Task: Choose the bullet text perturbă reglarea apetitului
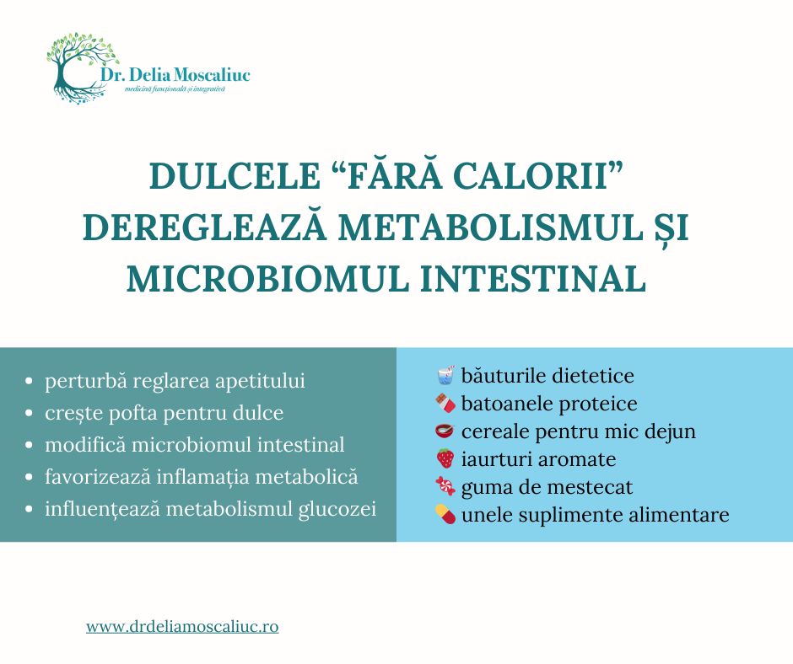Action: tap(175, 381)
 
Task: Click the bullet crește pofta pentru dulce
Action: tap(164, 413)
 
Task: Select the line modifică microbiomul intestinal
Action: tap(194, 445)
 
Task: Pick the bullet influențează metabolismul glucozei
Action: tap(210, 509)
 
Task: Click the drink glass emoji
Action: tap(445, 374)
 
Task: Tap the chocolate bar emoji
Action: tap(445, 404)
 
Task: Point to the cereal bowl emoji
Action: tap(445, 431)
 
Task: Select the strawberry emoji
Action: tap(445, 459)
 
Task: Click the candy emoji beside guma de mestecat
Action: tap(445, 487)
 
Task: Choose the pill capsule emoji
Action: tap(445, 514)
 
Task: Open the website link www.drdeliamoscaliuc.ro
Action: tap(182, 627)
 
